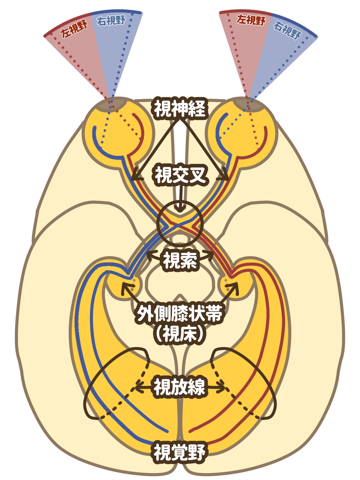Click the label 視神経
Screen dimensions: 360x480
pos(180,109)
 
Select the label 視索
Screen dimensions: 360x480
pos(180,260)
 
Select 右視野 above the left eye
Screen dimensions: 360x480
pos(112,21)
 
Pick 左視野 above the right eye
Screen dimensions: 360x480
pos(251,20)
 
